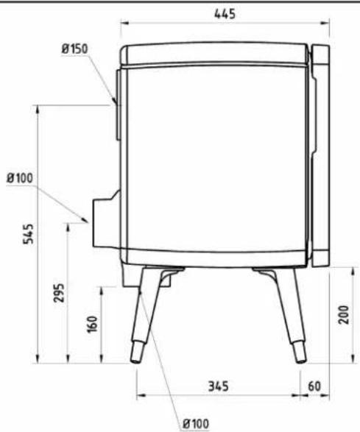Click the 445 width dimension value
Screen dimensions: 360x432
click(x=225, y=14)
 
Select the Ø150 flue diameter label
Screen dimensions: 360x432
click(x=74, y=49)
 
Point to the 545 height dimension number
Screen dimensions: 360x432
click(x=28, y=234)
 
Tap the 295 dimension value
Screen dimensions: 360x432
click(x=59, y=293)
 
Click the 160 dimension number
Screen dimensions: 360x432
click(x=93, y=325)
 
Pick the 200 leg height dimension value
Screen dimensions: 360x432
click(x=344, y=315)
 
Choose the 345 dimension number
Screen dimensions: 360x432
click(x=218, y=386)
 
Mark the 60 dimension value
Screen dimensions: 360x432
click(x=314, y=386)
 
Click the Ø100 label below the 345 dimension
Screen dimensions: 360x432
click(x=196, y=423)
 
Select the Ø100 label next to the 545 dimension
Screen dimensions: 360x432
click(x=20, y=178)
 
